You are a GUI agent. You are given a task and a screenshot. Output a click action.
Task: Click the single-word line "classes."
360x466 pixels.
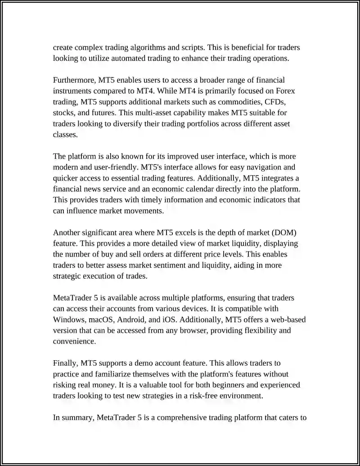(x=65, y=134)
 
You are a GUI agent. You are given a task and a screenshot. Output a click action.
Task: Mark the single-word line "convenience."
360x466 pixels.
(x=75, y=341)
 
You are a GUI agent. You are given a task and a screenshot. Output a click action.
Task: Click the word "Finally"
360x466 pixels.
(x=66, y=363)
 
